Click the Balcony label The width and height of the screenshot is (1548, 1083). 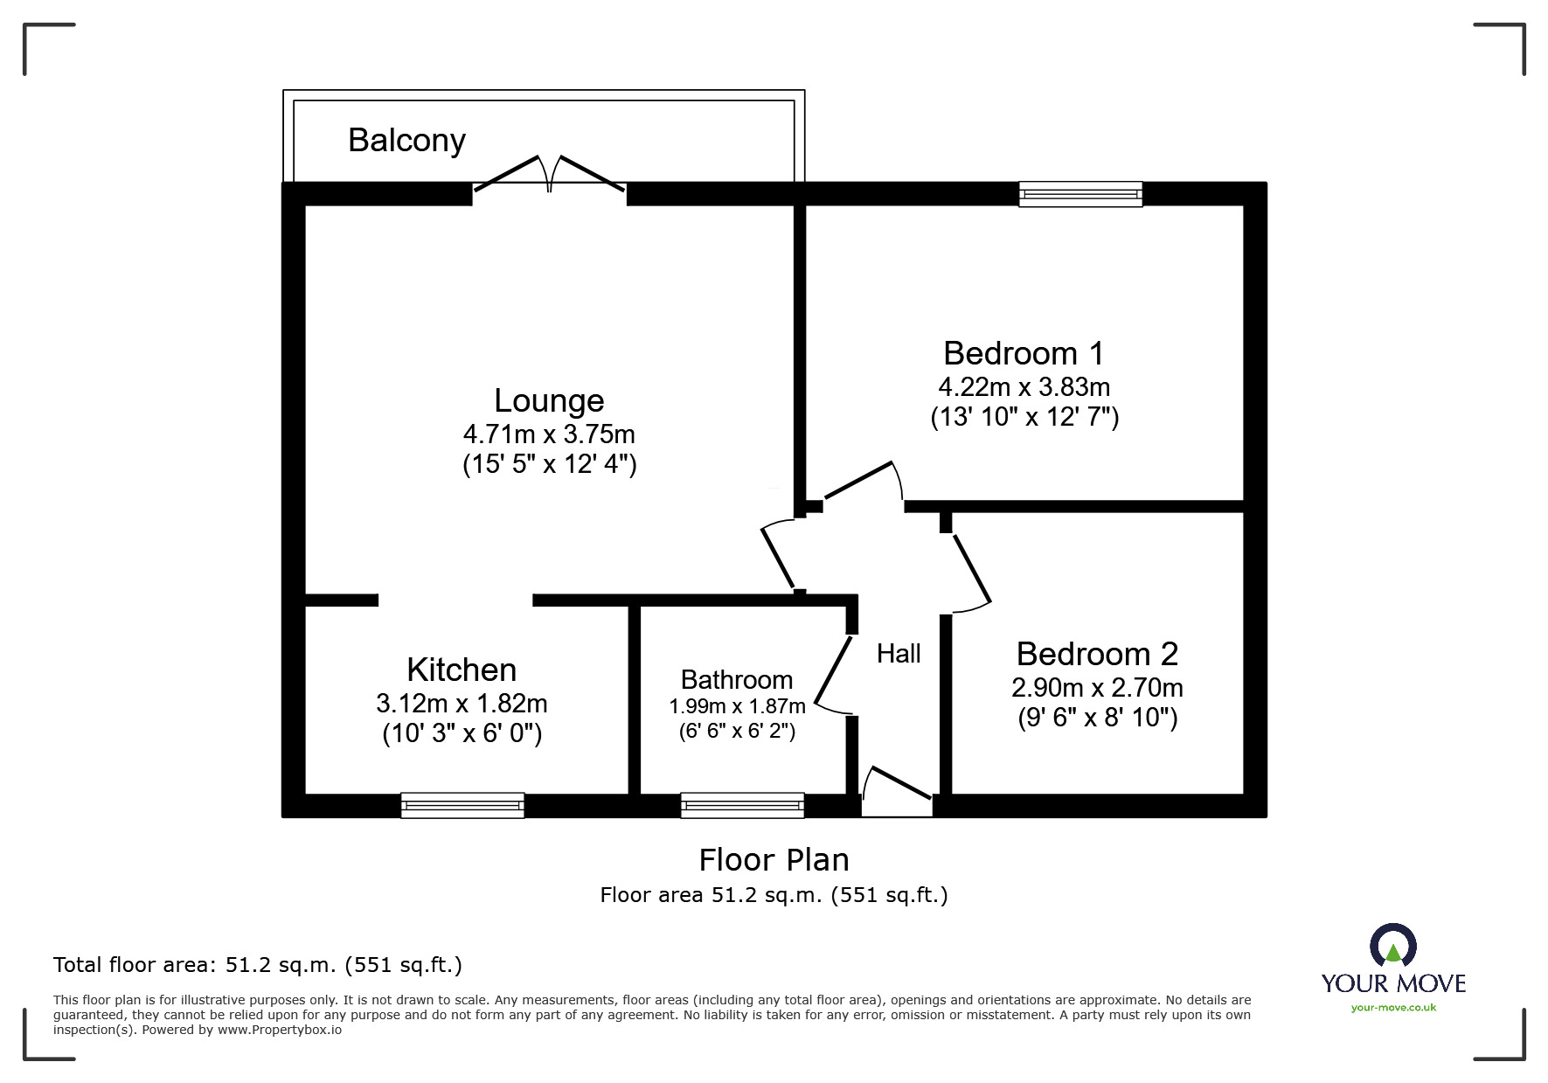click(406, 141)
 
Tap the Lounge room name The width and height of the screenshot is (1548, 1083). click(549, 400)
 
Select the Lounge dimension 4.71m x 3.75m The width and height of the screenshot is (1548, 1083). click(549, 434)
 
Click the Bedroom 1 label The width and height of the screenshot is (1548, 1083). click(1024, 353)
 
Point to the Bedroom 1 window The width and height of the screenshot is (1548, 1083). click(1080, 194)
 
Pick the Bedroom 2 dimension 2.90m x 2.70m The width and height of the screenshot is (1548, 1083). click(1097, 688)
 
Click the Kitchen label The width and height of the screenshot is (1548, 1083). click(462, 670)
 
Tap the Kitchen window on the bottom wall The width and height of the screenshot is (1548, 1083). click(462, 805)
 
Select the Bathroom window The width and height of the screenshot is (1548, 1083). click(742, 805)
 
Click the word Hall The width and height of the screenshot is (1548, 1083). click(899, 654)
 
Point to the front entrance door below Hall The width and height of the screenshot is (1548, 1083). click(898, 792)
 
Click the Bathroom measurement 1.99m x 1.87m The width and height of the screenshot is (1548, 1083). click(737, 706)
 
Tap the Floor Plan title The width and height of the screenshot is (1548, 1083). click(774, 860)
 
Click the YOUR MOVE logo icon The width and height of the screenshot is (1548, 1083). click(1393, 946)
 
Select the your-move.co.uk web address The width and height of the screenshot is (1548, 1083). click(1393, 1008)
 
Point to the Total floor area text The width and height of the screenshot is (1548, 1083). click(258, 965)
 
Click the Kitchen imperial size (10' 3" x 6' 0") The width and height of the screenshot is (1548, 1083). click(462, 733)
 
